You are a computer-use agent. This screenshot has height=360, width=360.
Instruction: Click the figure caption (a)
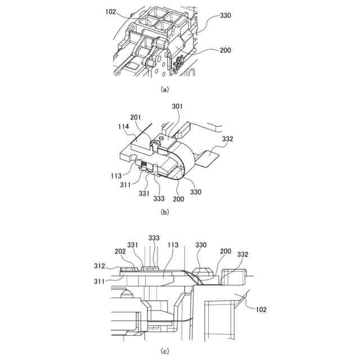pos(164,89)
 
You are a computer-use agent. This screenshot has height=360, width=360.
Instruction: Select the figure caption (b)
pos(164,213)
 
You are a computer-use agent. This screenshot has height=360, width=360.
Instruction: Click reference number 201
pos(136,117)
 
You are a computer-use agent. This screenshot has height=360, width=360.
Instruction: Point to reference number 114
pos(124,128)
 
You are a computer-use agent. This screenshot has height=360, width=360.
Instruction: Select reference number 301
pos(177,106)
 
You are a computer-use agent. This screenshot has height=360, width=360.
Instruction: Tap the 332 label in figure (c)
pos(244,254)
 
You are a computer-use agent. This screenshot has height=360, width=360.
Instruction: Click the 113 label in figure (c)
pos(173,245)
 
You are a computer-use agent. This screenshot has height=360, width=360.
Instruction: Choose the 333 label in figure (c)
pos(154,237)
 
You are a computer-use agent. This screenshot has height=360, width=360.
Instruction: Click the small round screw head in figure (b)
pos(162,137)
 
